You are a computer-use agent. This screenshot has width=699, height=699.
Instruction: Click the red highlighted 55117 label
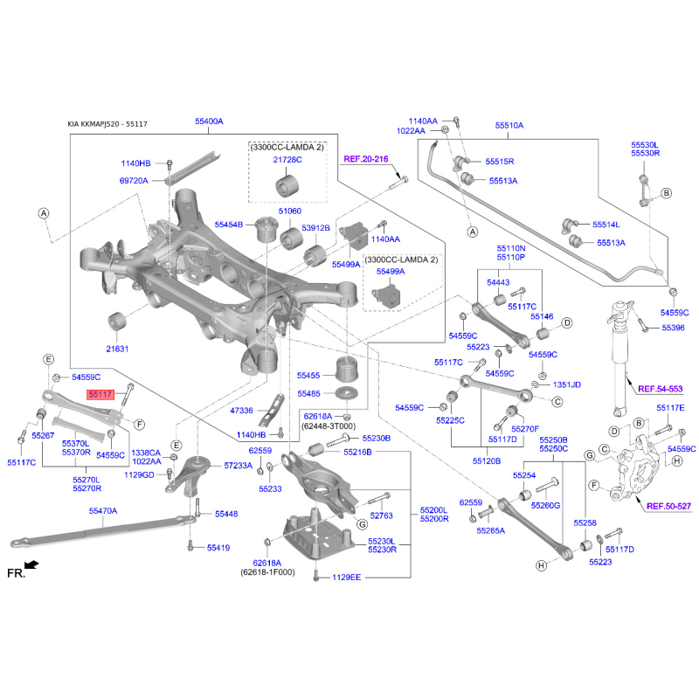click(x=100, y=395)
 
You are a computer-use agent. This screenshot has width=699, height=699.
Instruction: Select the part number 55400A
click(x=209, y=121)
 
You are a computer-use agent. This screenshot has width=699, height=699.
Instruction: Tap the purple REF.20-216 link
click(x=365, y=159)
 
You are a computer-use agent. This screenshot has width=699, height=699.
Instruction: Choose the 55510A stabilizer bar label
click(x=509, y=126)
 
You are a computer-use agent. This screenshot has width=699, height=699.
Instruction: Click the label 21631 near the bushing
click(x=117, y=349)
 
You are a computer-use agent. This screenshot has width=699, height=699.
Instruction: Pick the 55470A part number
click(x=102, y=510)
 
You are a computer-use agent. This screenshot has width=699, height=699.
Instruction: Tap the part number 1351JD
click(x=566, y=384)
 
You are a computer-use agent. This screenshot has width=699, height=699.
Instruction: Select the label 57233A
click(x=238, y=466)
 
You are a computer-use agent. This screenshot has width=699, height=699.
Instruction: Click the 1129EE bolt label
click(x=346, y=578)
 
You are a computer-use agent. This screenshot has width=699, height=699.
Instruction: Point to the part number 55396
click(x=673, y=328)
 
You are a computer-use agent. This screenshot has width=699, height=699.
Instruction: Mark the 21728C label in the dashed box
click(x=287, y=160)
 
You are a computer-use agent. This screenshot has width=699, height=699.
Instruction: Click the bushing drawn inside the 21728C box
click(x=287, y=186)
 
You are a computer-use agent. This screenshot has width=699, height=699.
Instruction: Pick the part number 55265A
click(x=490, y=530)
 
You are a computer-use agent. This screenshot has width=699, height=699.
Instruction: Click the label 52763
click(x=381, y=516)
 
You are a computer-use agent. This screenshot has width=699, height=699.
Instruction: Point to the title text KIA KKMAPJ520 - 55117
click(x=107, y=125)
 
